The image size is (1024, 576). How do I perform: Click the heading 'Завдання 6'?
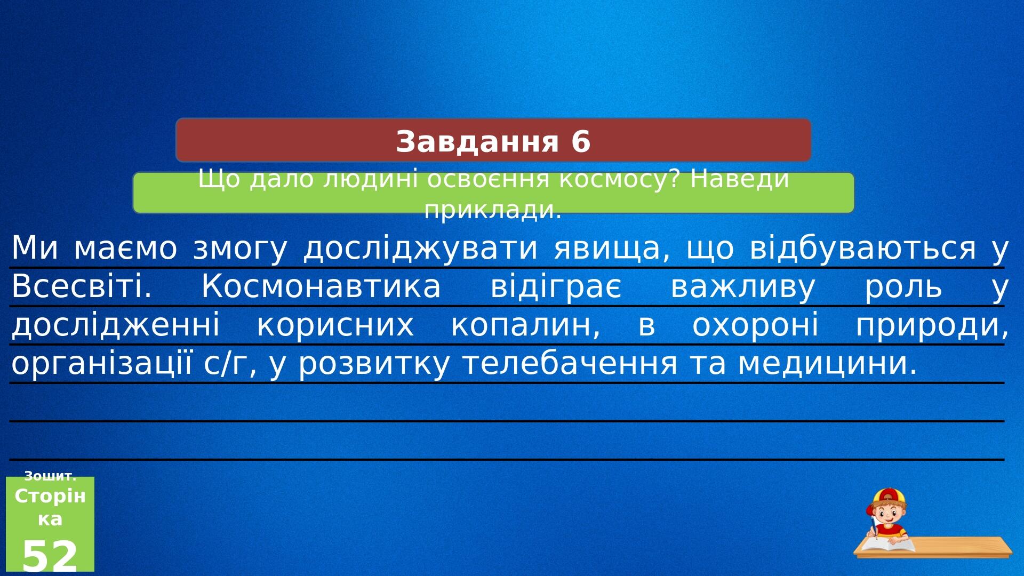(x=493, y=142)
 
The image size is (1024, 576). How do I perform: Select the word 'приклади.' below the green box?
(x=493, y=210)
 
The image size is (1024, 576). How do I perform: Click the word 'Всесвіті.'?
(x=82, y=286)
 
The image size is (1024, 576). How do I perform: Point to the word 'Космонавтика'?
(x=321, y=286)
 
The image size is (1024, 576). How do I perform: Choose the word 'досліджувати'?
(x=420, y=249)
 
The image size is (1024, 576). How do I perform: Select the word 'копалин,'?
(x=526, y=325)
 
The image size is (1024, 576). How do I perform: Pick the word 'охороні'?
(x=755, y=325)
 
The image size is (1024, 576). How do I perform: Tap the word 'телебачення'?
(x=570, y=363)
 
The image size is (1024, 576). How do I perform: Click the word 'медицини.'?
(x=828, y=364)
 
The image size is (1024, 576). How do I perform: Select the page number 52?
(x=50, y=556)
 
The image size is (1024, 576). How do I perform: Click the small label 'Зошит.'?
(x=50, y=476)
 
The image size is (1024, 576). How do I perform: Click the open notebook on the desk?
(x=887, y=545)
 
